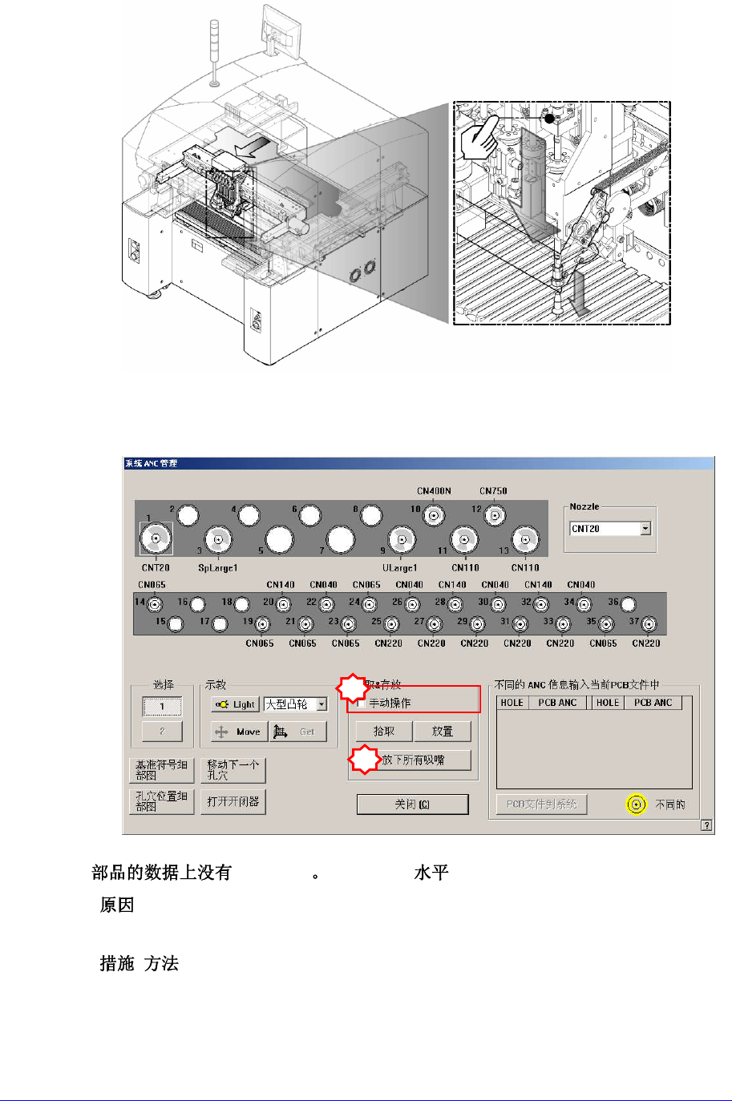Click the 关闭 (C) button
click(412, 804)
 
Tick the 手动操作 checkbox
click(362, 704)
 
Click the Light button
click(235, 704)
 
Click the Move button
click(238, 732)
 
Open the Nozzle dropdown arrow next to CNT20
click(645, 529)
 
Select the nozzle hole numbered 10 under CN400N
click(434, 516)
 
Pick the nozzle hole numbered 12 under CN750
click(495, 516)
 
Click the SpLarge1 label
click(217, 568)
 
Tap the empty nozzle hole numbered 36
click(629, 604)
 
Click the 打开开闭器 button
click(233, 801)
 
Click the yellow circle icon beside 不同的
click(636, 805)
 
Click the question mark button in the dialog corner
click(706, 825)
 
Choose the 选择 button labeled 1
click(162, 706)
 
